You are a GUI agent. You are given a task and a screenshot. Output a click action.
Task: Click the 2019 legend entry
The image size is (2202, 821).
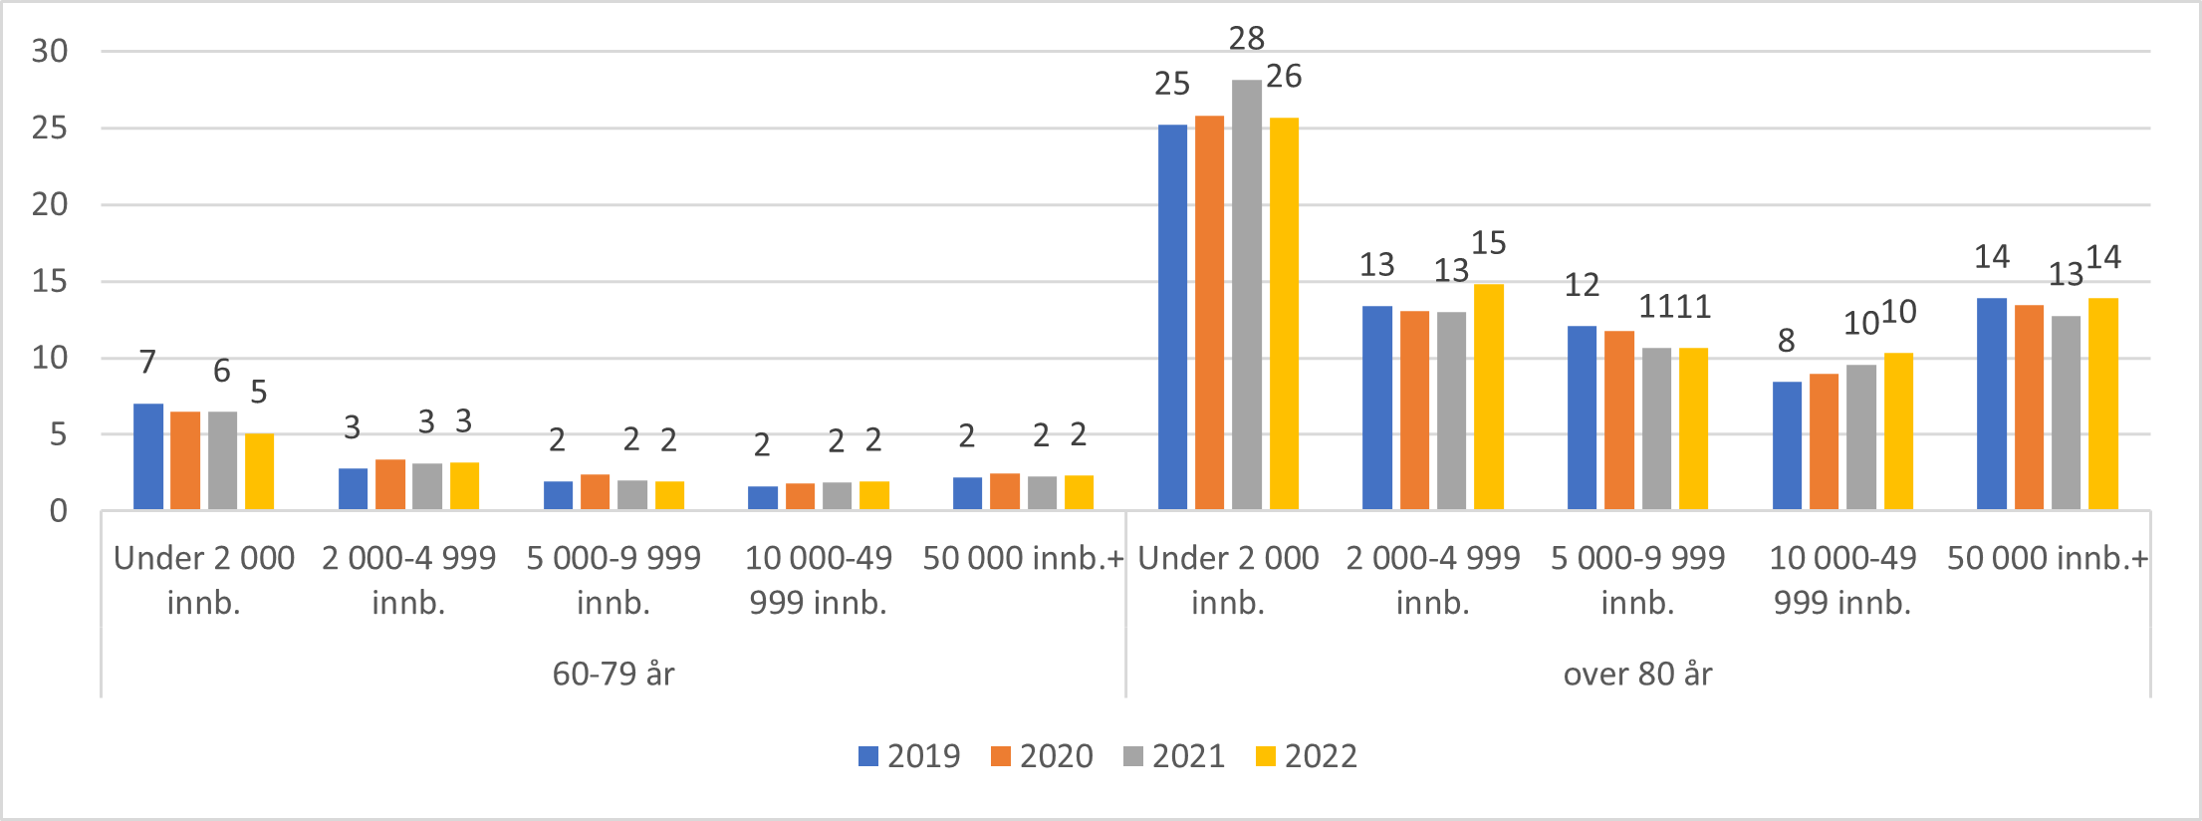coord(909,756)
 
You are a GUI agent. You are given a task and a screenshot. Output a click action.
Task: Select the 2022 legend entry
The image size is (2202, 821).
coord(1306,756)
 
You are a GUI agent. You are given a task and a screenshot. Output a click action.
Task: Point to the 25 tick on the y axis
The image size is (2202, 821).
coord(50,129)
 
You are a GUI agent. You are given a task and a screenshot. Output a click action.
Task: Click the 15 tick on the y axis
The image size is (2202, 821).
coord(50,282)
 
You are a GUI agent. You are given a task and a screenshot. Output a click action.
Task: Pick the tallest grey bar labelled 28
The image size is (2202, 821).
coord(1246,299)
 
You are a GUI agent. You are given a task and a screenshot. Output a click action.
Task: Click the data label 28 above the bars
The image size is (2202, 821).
coord(1246,39)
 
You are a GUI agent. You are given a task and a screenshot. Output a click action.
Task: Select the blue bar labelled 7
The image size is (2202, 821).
coord(148,457)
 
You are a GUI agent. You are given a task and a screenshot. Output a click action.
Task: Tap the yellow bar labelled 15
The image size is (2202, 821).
coord(1488,399)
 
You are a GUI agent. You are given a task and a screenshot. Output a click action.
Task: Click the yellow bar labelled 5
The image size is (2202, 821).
coord(259,472)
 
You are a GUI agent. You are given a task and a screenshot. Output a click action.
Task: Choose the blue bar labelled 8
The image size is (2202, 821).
coord(1787,446)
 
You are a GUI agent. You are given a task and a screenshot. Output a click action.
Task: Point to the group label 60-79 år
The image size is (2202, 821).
coord(613,675)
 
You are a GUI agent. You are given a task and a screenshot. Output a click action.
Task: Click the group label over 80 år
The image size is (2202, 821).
coord(1637,675)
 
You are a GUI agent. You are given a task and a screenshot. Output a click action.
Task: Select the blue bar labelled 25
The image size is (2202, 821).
coord(1172,319)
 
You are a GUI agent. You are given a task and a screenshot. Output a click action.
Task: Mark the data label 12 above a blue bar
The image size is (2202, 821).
coord(1582,286)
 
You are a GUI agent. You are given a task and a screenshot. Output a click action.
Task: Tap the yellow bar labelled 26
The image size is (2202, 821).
coord(1284,315)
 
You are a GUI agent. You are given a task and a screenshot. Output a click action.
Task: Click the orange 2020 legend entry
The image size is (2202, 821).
coord(1042,756)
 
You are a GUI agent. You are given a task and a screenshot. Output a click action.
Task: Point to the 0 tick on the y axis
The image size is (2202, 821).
coord(59,512)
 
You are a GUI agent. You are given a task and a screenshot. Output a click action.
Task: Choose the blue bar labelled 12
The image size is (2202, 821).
coord(1582,418)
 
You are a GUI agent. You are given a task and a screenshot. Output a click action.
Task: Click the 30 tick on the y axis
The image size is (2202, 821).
coord(50,52)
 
